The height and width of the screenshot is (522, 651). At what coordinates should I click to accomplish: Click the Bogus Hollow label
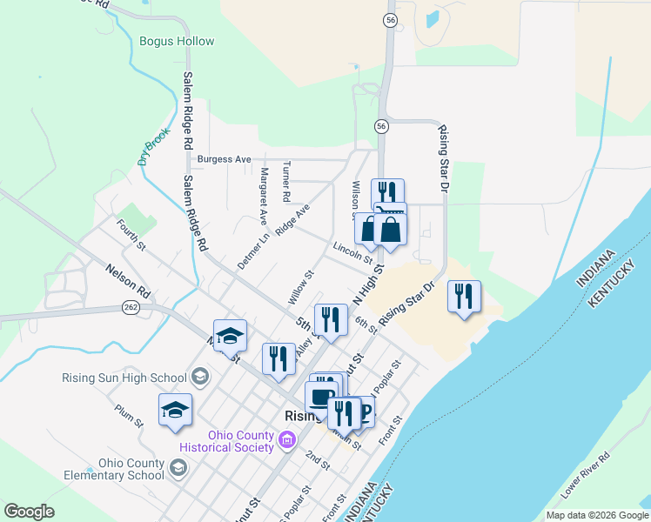(x=177, y=41)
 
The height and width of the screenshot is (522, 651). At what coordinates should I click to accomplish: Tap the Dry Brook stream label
(x=145, y=148)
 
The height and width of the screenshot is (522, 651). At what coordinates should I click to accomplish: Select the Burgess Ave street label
(x=224, y=159)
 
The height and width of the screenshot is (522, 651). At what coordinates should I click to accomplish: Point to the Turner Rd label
(x=286, y=182)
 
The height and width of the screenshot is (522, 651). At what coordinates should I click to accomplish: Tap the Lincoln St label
(x=352, y=254)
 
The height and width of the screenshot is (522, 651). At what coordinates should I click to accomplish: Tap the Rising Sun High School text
(x=124, y=378)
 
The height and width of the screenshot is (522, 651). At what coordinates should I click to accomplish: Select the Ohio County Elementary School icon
(x=178, y=469)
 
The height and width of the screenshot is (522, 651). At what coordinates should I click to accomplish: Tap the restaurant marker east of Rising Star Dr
(x=464, y=296)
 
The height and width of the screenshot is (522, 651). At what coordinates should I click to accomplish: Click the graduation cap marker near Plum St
(x=175, y=409)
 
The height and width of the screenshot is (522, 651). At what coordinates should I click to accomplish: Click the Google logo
(x=29, y=512)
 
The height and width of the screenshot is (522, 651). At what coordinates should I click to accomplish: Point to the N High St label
(x=368, y=286)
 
